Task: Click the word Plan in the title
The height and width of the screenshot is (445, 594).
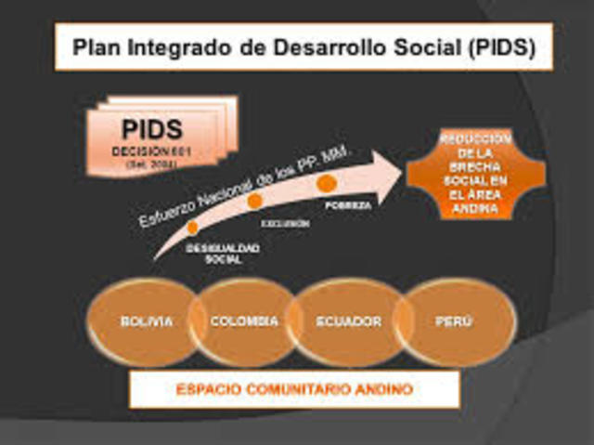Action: pyautogui.click(x=98, y=46)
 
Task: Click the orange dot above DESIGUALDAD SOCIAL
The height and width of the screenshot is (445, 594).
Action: pyautogui.click(x=193, y=227)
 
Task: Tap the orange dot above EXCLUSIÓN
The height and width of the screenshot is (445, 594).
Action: pyautogui.click(x=254, y=201)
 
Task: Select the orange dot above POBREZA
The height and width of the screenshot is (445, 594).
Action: pyautogui.click(x=326, y=183)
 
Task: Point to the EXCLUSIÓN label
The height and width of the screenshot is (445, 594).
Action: pyautogui.click(x=284, y=225)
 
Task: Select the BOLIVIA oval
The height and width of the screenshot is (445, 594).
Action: pyautogui.click(x=146, y=321)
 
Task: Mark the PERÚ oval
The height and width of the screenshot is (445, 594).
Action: pyautogui.click(x=454, y=321)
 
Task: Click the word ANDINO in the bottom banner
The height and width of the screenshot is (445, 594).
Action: pyautogui.click(x=381, y=389)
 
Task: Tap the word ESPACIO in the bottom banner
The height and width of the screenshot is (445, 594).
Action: pyautogui.click(x=207, y=389)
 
